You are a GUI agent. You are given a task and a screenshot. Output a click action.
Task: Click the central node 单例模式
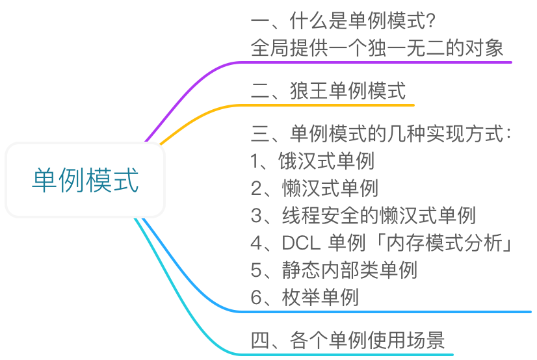[85, 180]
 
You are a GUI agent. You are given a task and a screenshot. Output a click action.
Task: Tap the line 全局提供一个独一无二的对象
[377, 49]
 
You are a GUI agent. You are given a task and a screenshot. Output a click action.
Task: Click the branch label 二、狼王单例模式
[328, 90]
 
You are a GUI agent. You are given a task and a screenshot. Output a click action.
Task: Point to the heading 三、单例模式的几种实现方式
[380, 135]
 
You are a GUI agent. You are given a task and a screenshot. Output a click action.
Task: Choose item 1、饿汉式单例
[312, 161]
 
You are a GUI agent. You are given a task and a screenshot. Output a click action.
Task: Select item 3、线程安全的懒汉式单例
[363, 215]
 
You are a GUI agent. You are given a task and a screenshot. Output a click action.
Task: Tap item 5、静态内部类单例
[334, 270]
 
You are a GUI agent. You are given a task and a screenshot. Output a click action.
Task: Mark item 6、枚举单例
[304, 297]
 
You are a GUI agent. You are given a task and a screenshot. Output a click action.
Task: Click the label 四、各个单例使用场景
[348, 340]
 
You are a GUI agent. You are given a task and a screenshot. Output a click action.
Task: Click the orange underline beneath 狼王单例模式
[338, 104]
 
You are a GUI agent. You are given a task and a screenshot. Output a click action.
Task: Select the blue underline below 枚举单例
[390, 311]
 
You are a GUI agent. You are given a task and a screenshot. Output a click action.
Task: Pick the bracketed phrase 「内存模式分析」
[447, 243]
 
